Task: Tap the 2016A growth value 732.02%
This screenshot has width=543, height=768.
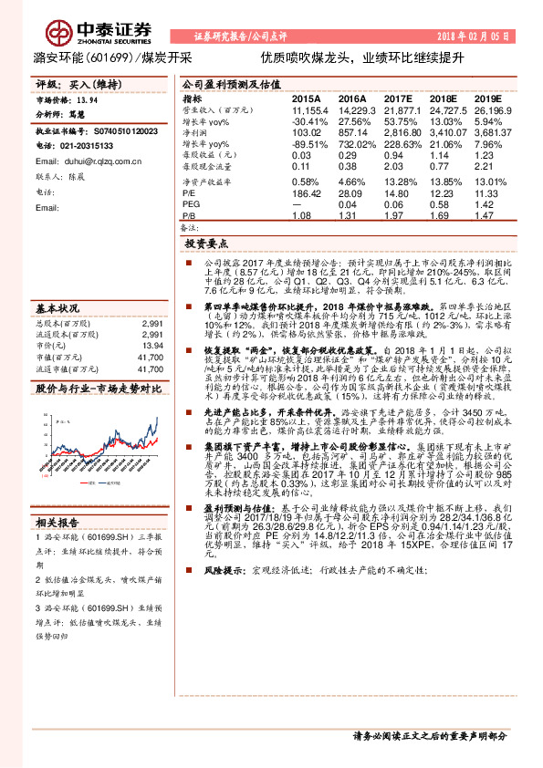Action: (x=352, y=144)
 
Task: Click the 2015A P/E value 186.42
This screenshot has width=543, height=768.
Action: (x=307, y=192)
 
